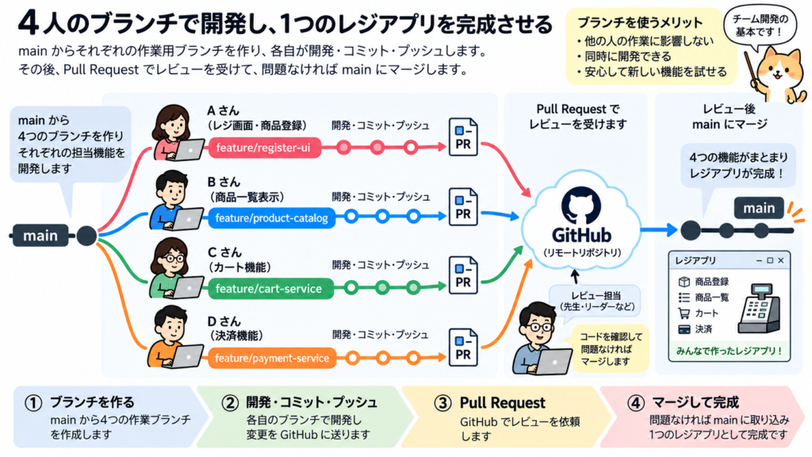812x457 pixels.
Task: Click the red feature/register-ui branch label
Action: (263, 148)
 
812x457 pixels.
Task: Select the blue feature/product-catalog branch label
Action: (271, 217)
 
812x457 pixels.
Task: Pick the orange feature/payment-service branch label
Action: (271, 358)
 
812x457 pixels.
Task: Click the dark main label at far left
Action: (40, 236)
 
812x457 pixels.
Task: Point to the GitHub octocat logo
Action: (581, 205)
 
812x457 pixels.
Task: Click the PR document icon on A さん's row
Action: (463, 136)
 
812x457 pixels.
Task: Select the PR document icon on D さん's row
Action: (463, 348)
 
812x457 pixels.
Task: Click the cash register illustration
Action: (760, 309)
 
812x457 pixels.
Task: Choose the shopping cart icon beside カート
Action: (684, 313)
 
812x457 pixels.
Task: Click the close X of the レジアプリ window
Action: (781, 260)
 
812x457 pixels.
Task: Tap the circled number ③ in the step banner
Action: (442, 403)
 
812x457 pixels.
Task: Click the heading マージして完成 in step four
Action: (695, 402)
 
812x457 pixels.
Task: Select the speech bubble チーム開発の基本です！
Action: (760, 27)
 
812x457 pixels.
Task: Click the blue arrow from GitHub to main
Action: (659, 229)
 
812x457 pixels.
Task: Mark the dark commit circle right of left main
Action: (86, 236)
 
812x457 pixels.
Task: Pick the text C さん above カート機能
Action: (224, 252)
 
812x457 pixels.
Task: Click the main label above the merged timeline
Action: (759, 209)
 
